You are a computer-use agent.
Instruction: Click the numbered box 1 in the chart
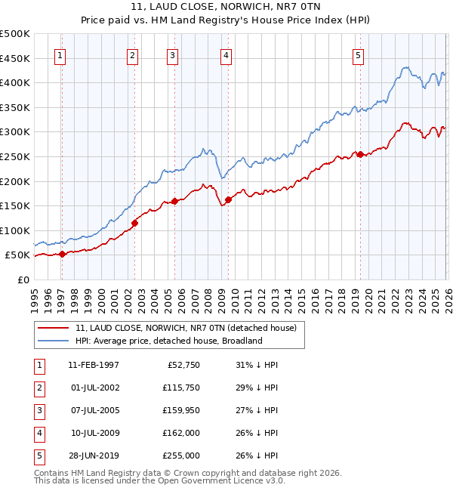pos(60,55)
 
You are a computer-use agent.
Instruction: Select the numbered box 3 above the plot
pos(173,55)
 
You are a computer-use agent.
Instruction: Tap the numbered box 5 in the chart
pos(357,55)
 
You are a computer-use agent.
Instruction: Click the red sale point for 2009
pos(227,200)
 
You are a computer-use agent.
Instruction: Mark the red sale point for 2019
pos(360,154)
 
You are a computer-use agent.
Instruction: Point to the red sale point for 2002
pos(135,223)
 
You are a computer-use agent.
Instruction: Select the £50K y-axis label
pos(18,255)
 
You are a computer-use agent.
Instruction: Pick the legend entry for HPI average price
pos(168,341)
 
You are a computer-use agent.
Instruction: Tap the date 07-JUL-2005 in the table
pos(93,409)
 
